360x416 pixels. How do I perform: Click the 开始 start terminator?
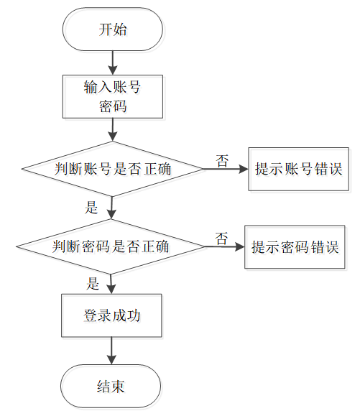(113, 29)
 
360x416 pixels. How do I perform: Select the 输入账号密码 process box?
(113, 96)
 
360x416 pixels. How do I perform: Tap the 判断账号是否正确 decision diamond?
(113, 169)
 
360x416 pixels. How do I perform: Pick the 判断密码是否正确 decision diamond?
(111, 246)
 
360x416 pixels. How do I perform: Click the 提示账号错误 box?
(298, 169)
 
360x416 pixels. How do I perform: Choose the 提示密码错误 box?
(295, 247)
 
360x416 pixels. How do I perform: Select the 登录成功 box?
(111, 315)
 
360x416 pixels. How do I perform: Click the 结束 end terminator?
(111, 386)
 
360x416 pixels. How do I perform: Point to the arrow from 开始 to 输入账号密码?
(113, 63)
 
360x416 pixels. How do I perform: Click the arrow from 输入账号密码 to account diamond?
(113, 130)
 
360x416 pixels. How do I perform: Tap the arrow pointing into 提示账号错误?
(226, 169)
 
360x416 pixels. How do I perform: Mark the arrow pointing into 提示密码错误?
(224, 246)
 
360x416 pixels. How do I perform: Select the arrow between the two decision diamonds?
(111, 208)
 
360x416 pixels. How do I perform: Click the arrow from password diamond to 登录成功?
(111, 284)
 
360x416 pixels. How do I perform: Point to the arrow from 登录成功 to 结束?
(111, 351)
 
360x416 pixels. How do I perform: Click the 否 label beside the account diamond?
(222, 161)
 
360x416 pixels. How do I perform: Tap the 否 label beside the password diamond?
(221, 239)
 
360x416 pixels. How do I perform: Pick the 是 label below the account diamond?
(91, 208)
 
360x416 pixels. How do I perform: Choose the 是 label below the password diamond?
(93, 283)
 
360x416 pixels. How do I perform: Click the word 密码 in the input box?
(113, 106)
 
